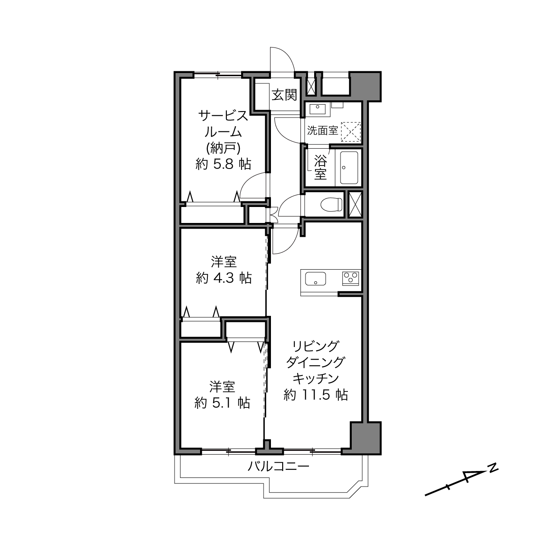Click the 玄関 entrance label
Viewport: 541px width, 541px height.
(x=284, y=95)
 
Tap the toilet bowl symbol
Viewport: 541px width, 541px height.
(x=331, y=204)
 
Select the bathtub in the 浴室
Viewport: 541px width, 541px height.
(x=349, y=168)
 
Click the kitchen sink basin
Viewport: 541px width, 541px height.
(x=315, y=278)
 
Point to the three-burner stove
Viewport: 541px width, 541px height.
(x=350, y=279)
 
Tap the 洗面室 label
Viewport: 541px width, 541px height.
(x=322, y=130)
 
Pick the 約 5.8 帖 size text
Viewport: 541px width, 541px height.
(x=223, y=164)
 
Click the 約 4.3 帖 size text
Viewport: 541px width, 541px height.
(x=224, y=278)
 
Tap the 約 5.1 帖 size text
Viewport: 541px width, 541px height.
(x=222, y=403)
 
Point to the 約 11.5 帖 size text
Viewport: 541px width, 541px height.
(x=316, y=395)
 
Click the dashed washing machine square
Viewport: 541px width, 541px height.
(x=350, y=130)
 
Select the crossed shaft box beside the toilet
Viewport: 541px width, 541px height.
(x=355, y=204)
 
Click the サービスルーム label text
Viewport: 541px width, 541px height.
(x=223, y=124)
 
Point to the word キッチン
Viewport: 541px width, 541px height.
(x=316, y=379)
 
